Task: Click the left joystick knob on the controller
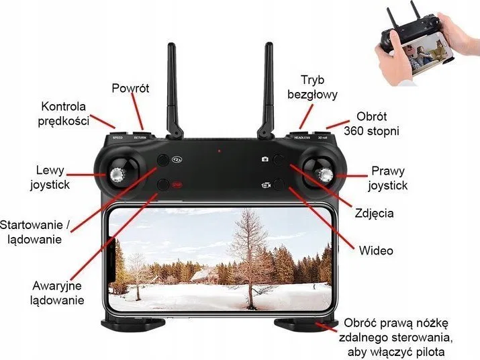coord(117,175)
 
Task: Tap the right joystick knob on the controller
coord(326,175)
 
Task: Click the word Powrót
coord(130,88)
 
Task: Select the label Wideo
coord(376,251)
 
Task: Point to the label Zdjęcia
coord(374,213)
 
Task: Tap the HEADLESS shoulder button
coord(301,135)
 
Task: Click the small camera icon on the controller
coord(265,159)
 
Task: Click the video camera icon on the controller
coord(267,185)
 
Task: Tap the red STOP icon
coord(176,185)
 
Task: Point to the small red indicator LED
coord(219,150)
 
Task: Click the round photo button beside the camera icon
coord(279,160)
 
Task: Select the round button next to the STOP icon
coord(163,185)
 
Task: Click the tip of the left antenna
coord(171,45)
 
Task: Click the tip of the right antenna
coord(269,44)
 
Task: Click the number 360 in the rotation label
coord(353,131)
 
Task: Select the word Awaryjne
coord(57,285)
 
